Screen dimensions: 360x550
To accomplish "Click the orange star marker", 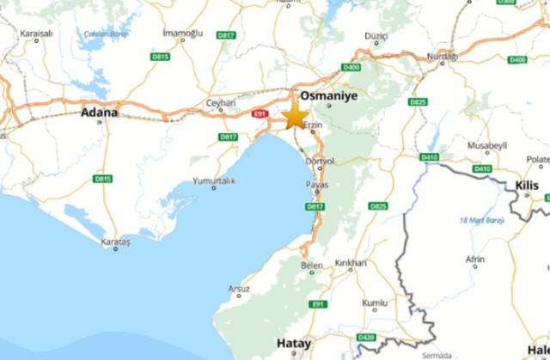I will click(x=295, y=115).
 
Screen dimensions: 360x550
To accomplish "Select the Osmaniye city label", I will click(x=328, y=97).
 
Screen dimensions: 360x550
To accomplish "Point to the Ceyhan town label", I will click(x=220, y=103).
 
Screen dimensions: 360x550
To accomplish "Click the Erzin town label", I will click(x=313, y=125).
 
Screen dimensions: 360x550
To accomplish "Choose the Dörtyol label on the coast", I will click(x=319, y=161).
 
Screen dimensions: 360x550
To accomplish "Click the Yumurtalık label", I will click(x=212, y=180).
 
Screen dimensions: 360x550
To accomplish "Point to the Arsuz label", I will click(x=240, y=289).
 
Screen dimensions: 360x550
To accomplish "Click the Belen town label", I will click(x=312, y=266).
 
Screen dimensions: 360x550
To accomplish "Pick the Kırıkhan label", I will click(x=351, y=263).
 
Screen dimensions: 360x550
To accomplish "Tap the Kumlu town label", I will click(x=376, y=303).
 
